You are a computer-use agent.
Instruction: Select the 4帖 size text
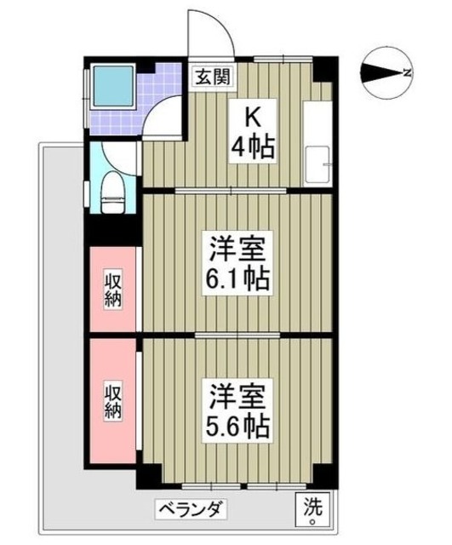[252, 148]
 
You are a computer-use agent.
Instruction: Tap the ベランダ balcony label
[192, 509]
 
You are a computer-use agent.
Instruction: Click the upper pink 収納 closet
[112, 290]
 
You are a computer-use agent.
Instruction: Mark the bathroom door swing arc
[162, 118]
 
